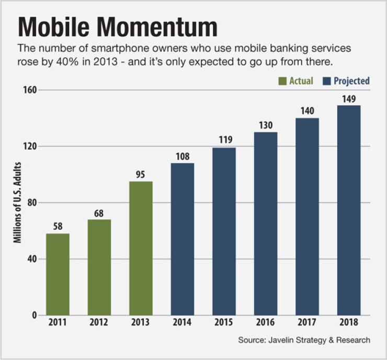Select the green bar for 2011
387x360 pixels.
58,274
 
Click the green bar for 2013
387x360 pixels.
141,248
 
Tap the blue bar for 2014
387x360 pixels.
183,239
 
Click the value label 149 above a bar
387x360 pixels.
349,98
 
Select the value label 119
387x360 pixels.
224,140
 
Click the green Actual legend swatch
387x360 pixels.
282,81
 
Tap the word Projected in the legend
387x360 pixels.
351,81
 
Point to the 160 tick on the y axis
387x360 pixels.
29,90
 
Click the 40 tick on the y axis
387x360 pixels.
31,259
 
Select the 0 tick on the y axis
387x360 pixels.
34,316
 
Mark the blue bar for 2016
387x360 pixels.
266,223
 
